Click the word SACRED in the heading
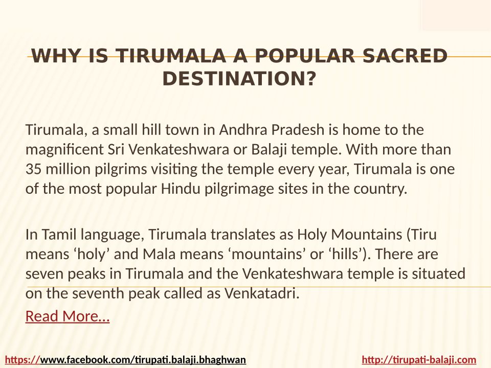(405, 56)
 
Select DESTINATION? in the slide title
(239, 78)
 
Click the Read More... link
(68, 316)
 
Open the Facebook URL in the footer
(125, 360)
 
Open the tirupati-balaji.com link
(419, 360)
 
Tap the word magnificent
(64, 150)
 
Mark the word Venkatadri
(262, 293)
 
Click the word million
(68, 169)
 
